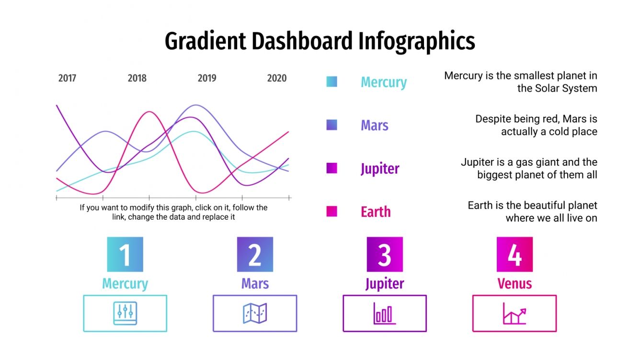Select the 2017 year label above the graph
(67, 79)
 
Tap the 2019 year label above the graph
(207, 79)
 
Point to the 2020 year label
(276, 79)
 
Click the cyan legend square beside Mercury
(331, 82)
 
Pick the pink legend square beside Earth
(331, 212)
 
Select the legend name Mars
(374, 125)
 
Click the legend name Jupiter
(379, 169)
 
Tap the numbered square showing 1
(125, 255)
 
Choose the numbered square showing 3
(385, 255)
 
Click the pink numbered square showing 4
(514, 255)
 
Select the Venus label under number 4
(514, 283)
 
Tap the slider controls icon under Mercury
(125, 314)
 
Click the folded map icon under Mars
(255, 314)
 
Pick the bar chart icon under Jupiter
(385, 314)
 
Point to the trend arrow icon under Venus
(514, 314)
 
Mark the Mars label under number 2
(255, 283)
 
